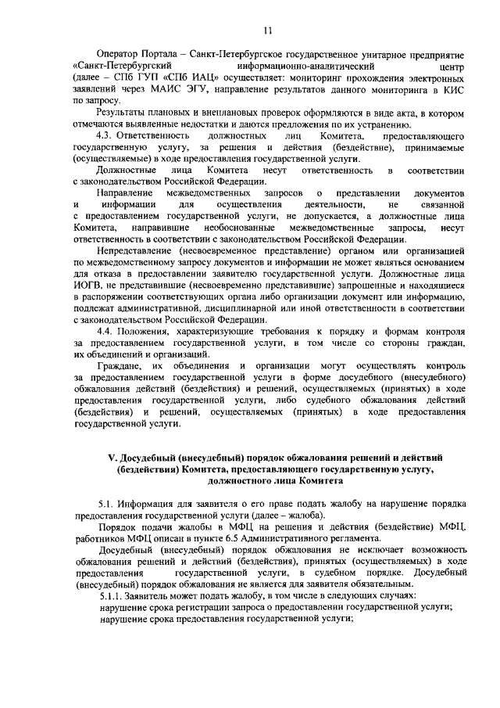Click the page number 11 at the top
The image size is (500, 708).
click(267, 31)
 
